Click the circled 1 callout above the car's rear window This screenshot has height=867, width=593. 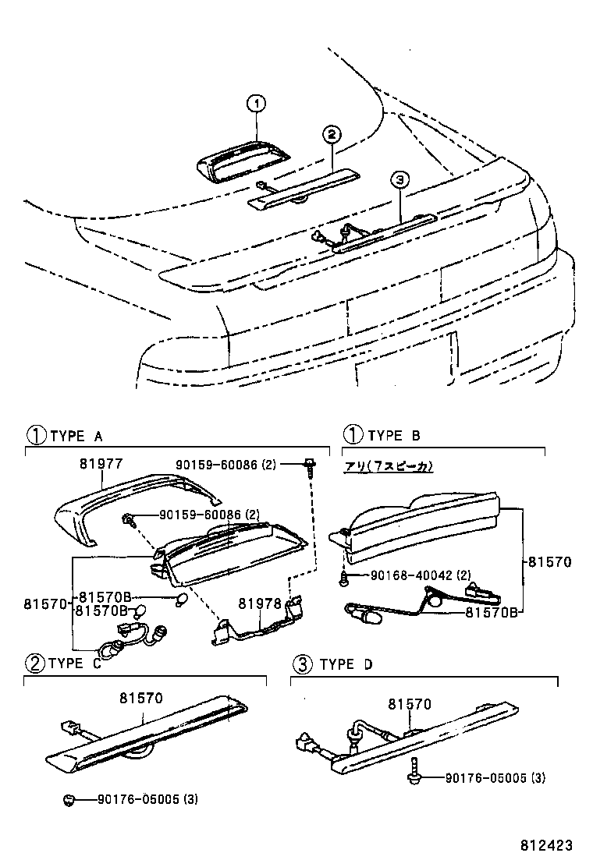click(x=257, y=103)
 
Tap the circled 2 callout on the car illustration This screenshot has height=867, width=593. click(x=331, y=134)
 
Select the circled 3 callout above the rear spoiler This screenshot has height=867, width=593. click(x=399, y=180)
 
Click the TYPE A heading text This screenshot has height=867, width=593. click(x=76, y=436)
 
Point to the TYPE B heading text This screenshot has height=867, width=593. click(x=394, y=436)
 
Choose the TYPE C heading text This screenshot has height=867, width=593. click(x=75, y=664)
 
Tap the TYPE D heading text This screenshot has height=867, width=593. click(x=347, y=664)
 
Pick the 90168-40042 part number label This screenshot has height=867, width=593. click(x=409, y=575)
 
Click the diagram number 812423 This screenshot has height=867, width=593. click(x=548, y=845)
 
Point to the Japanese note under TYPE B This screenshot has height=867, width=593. click(x=389, y=466)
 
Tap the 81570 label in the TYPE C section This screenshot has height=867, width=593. click(x=141, y=699)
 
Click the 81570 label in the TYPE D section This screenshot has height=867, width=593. click(x=410, y=704)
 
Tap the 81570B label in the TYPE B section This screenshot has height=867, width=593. click(x=492, y=612)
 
